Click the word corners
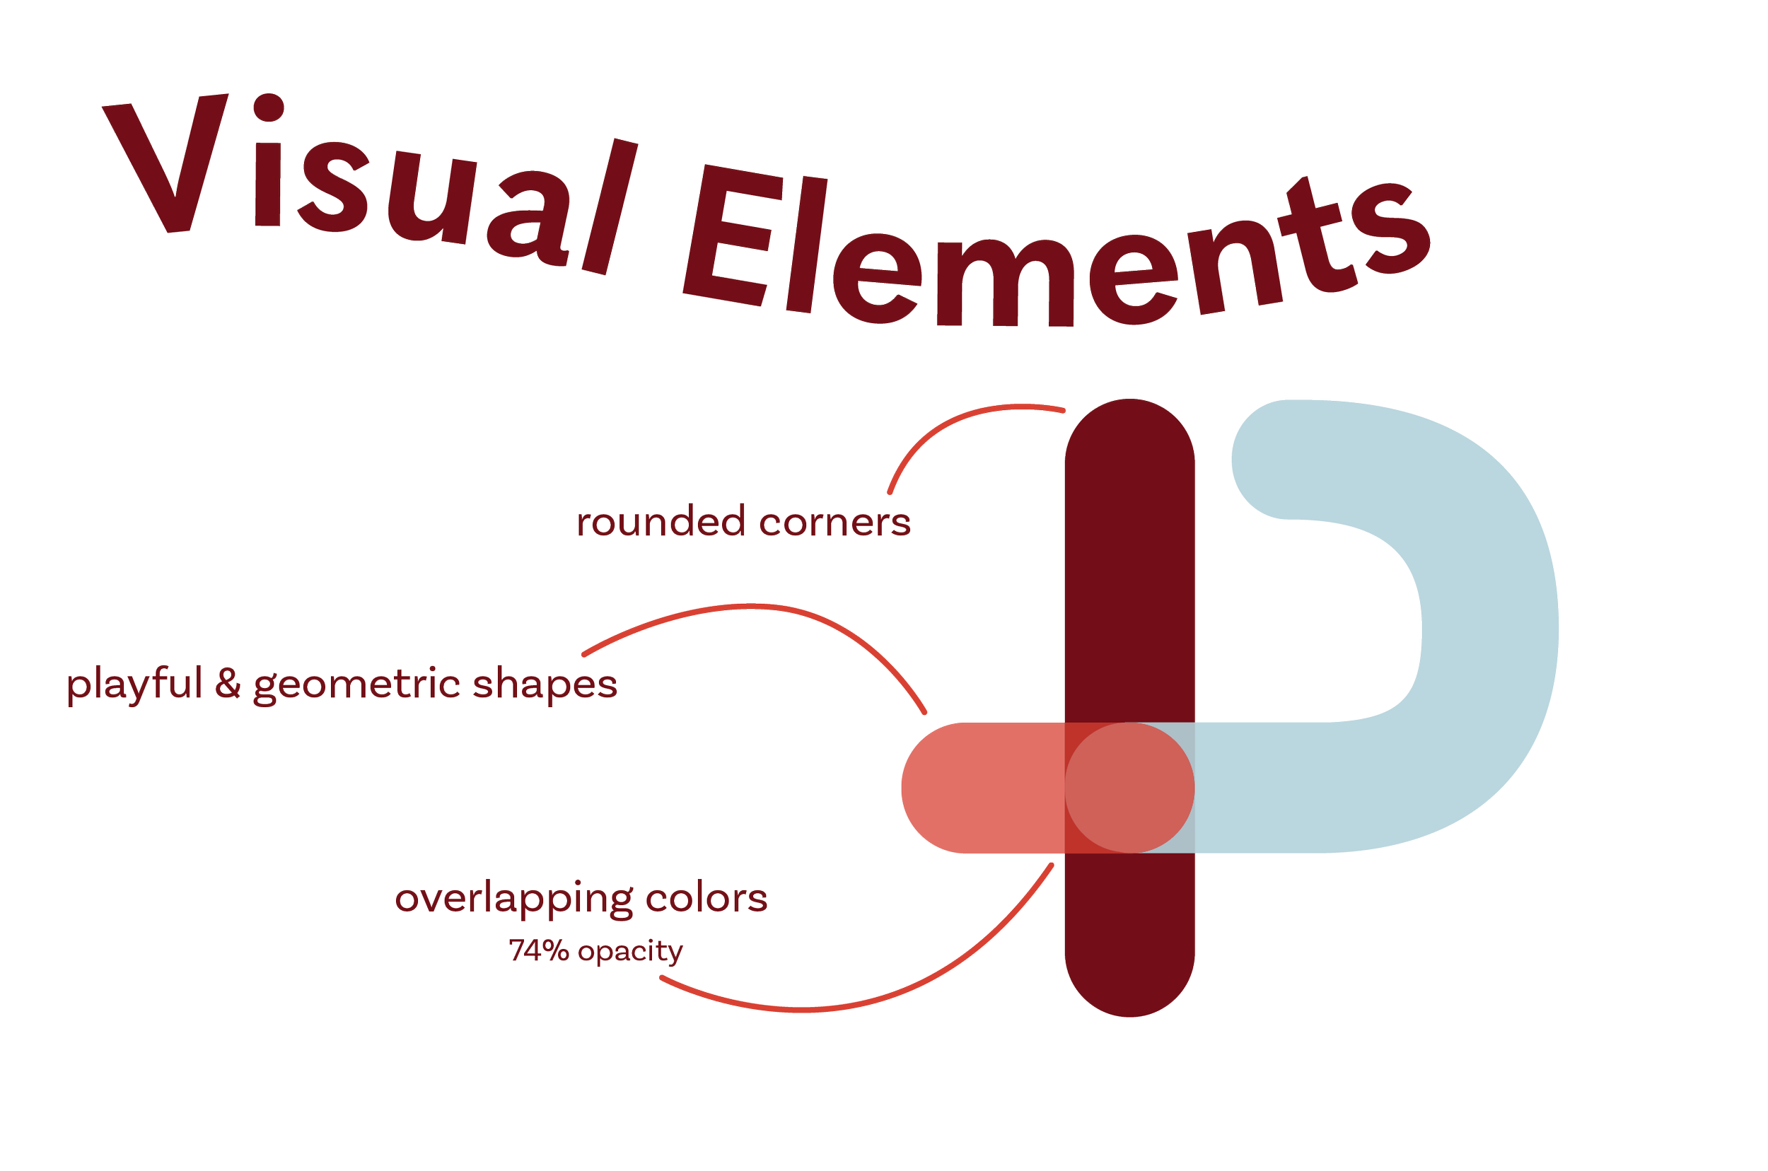[x=834, y=523]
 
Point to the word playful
[x=135, y=686]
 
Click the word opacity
[x=629, y=953]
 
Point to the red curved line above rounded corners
[x=948, y=426]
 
